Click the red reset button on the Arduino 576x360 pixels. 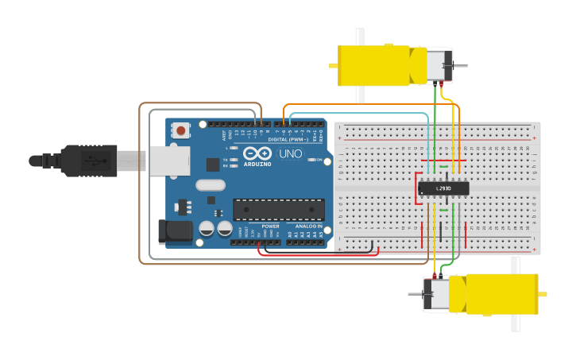pos(181,130)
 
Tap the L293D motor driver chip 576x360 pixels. pos(443,188)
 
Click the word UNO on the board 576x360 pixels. pos(290,153)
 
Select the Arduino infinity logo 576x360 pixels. pos(257,153)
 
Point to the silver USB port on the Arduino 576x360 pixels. pos(169,161)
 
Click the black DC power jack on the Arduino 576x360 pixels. pos(175,231)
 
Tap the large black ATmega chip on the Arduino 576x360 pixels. pos(278,210)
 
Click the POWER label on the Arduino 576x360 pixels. pos(270,226)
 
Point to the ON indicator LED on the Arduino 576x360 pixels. pos(311,160)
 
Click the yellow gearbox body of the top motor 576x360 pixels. pos(373,65)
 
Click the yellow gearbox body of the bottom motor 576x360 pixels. pos(501,293)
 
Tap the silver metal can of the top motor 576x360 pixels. pos(437,64)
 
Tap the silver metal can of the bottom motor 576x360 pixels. pos(436,294)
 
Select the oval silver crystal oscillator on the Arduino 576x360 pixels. pos(211,185)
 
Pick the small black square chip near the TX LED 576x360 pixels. pos(213,165)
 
